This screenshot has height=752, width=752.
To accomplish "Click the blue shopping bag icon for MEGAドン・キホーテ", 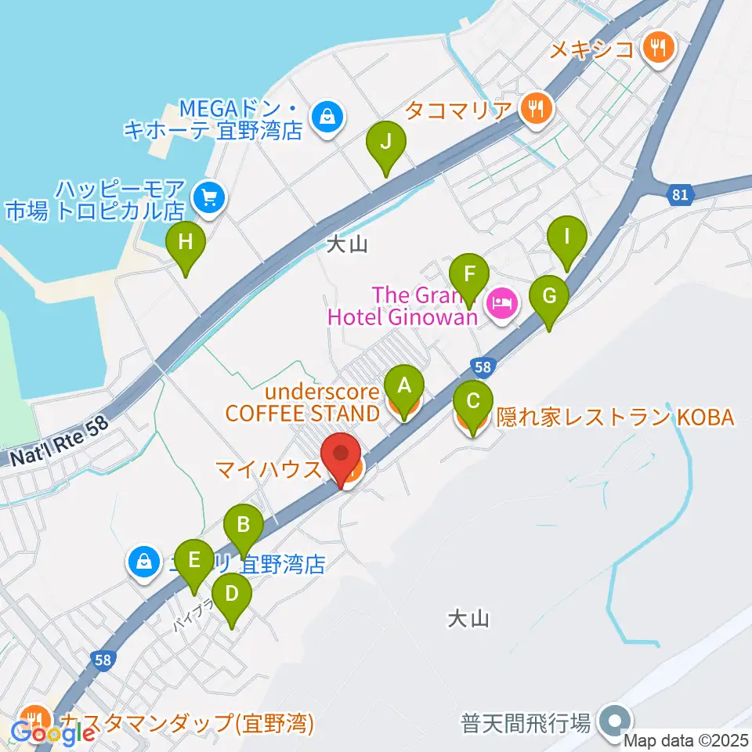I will pos(325,117).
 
